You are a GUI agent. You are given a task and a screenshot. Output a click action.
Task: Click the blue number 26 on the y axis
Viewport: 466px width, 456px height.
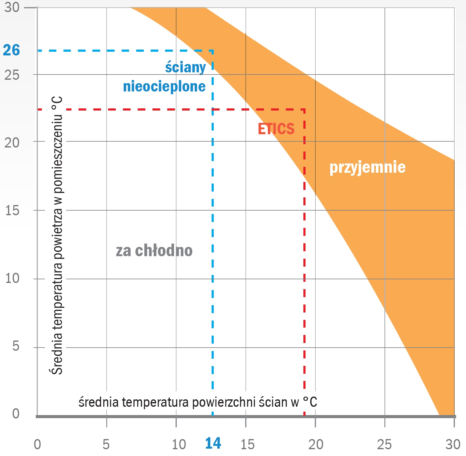tap(11, 50)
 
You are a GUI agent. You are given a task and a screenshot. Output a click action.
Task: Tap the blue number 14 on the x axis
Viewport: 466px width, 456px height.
tap(213, 443)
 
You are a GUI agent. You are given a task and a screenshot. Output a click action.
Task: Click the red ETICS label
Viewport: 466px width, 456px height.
tap(276, 129)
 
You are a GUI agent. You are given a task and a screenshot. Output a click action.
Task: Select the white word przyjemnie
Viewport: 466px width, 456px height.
tap(367, 167)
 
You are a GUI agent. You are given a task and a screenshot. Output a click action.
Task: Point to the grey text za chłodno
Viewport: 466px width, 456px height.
tap(154, 251)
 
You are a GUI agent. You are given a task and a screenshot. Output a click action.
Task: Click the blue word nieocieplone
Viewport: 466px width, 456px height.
tap(164, 87)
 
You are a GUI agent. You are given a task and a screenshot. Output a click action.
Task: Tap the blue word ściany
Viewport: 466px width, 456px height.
tap(185, 67)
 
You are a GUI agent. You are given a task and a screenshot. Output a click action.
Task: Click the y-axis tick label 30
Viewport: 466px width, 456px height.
tap(12, 7)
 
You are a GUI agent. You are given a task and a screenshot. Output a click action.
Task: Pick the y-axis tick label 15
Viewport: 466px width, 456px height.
tap(12, 211)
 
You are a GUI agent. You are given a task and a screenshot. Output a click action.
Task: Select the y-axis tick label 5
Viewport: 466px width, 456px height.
tap(16, 346)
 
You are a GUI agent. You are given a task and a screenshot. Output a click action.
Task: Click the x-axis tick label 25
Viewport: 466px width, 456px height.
tap(384, 445)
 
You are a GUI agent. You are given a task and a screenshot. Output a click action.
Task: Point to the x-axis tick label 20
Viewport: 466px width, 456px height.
tap(316, 445)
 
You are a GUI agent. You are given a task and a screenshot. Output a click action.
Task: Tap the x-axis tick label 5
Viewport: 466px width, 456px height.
tap(106, 445)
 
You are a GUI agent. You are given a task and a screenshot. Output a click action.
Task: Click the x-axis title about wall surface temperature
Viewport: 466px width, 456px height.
tap(198, 402)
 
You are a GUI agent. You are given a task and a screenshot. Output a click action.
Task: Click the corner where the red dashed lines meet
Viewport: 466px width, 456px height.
tap(304, 109)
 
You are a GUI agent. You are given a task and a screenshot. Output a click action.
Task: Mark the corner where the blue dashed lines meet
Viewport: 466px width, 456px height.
tap(213, 50)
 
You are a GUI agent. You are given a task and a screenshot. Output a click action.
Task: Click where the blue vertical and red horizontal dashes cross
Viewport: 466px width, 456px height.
tap(213, 109)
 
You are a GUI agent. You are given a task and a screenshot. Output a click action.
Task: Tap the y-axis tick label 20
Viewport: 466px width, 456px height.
tap(12, 142)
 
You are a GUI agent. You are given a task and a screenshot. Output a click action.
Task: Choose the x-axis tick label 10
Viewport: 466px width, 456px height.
tap(179, 445)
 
